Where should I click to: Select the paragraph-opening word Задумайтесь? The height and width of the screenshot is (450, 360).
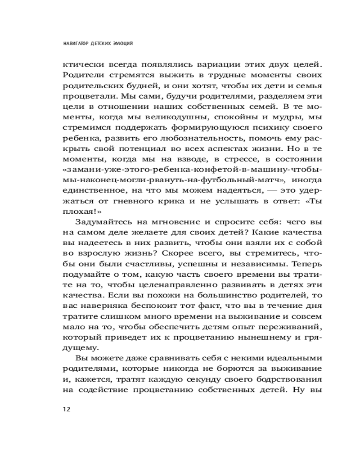tap(100, 222)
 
